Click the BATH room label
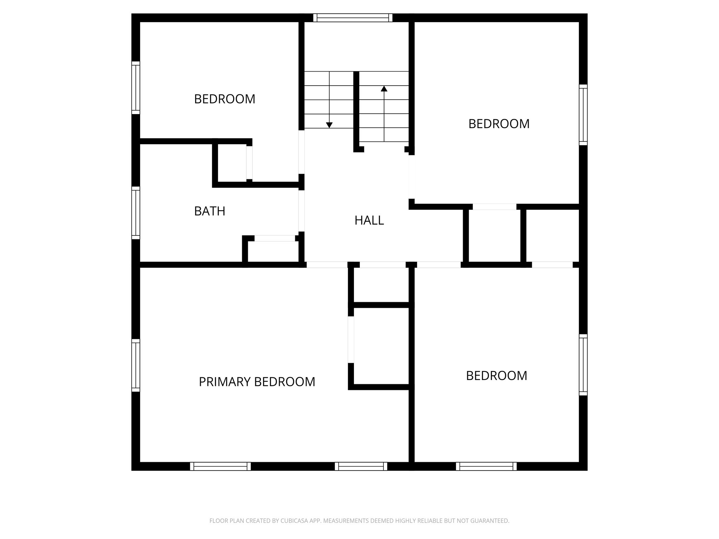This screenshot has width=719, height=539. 210,211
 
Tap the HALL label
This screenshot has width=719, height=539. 369,220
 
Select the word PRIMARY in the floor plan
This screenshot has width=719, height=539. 225,382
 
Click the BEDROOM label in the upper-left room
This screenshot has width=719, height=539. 224,99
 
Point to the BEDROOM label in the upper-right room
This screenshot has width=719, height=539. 499,124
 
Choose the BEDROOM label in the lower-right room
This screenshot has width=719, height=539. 496,376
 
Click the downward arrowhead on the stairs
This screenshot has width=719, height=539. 329,125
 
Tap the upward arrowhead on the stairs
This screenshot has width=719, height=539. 384,89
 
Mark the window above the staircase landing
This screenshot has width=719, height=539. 352,18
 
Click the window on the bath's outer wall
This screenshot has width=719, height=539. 136,213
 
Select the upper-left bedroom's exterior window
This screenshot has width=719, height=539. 136,88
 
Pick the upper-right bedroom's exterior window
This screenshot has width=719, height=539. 583,115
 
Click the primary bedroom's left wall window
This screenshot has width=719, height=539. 136,365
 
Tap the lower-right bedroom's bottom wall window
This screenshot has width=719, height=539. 486,466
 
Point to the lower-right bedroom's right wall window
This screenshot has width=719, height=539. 583,365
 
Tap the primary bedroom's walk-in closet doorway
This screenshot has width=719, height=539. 351,339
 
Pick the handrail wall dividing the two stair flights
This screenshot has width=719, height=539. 356,111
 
